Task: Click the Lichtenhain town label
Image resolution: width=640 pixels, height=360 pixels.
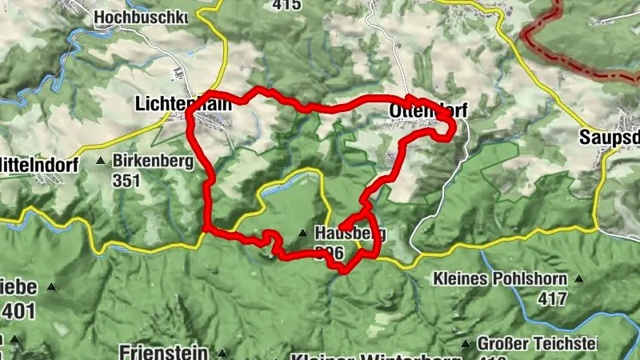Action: pos(183,103)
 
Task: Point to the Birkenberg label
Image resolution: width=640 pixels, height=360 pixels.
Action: pos(153,161)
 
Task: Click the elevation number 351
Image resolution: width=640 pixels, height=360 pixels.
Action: pos(126,180)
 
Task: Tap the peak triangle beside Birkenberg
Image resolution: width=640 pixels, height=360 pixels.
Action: pos(101,162)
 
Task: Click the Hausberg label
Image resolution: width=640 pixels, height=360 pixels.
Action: pos(350,234)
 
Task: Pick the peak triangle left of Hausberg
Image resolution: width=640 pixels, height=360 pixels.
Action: pos(303,234)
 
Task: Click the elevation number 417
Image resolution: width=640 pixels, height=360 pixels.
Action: pos(551,299)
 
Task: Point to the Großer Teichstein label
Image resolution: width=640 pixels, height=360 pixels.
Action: pos(537,343)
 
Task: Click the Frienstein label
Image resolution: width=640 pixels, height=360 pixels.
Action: pos(163,352)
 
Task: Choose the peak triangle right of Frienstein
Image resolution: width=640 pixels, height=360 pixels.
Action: pos(222,353)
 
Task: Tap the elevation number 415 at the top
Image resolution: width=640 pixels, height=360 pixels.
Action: pos(286,5)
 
